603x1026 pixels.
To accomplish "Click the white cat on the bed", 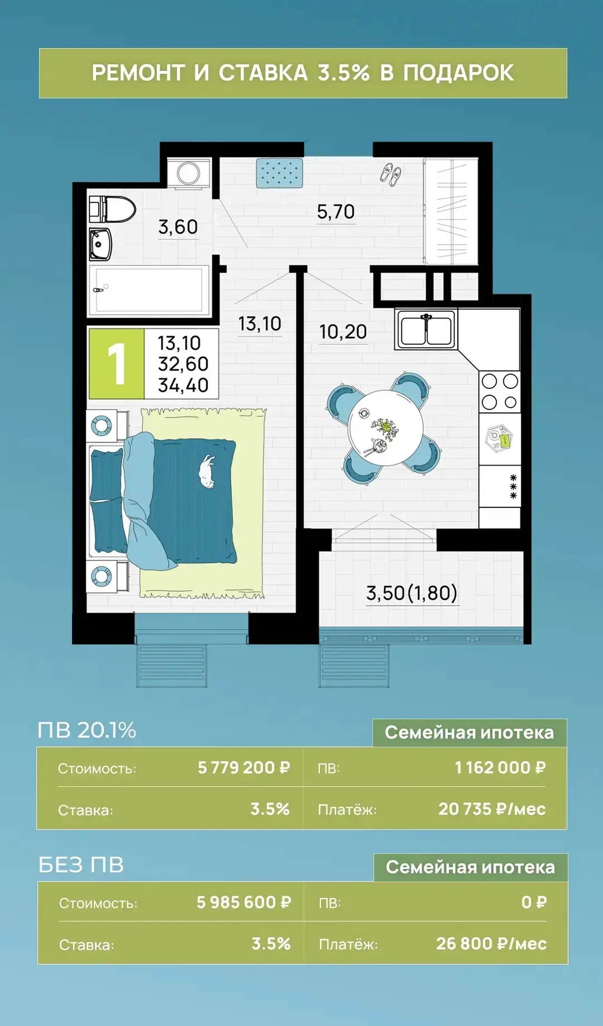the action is click(x=207, y=472).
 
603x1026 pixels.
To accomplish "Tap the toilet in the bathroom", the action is click(x=113, y=210).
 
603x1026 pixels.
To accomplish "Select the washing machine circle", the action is click(x=189, y=173).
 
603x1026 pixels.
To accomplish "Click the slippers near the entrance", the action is click(x=390, y=175).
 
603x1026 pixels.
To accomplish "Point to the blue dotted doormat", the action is click(x=280, y=173).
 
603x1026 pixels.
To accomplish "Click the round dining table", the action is click(x=385, y=428).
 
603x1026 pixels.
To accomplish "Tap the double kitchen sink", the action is click(x=425, y=329).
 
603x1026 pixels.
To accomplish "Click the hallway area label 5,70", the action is click(x=336, y=212).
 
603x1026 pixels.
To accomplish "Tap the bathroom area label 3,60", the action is click(x=178, y=227).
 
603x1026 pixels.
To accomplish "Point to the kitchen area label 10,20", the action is click(x=343, y=332).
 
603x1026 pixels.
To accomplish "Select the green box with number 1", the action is click(x=116, y=363).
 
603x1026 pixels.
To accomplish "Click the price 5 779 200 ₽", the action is click(x=244, y=768).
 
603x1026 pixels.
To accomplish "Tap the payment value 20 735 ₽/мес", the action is click(x=492, y=809).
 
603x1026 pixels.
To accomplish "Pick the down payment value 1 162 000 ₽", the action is click(x=500, y=768).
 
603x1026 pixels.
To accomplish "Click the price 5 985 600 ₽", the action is click(x=244, y=902).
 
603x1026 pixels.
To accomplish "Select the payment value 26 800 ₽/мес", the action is click(x=491, y=944).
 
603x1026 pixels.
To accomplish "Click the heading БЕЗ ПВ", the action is click(x=81, y=865).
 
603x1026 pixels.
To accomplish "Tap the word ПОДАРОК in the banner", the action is click(x=458, y=73).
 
